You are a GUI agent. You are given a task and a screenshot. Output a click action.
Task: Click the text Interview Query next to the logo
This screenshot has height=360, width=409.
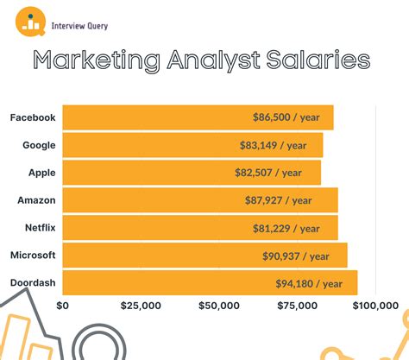79,26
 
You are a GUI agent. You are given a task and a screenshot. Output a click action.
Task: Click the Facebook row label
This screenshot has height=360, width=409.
34,117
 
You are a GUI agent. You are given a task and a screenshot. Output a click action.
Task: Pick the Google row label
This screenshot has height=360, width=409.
39,145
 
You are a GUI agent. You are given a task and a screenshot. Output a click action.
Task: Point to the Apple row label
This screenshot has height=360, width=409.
41,173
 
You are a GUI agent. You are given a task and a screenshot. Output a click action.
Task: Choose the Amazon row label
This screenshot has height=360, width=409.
37,200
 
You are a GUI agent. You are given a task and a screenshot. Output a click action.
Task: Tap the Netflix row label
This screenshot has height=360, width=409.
39,228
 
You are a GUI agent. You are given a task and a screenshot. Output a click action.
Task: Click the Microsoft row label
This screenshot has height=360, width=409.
34,256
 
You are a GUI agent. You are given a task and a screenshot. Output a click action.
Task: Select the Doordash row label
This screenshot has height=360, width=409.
34,283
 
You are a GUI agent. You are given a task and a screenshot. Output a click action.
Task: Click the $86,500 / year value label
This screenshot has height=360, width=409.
286,117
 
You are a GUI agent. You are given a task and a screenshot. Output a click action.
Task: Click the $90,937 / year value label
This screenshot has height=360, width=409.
296,256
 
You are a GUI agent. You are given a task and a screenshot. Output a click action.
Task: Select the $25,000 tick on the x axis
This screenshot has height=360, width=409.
141,306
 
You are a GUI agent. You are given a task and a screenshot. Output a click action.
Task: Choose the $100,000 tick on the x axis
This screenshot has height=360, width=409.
374,306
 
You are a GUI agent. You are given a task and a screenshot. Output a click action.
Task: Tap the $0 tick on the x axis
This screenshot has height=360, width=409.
62,306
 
